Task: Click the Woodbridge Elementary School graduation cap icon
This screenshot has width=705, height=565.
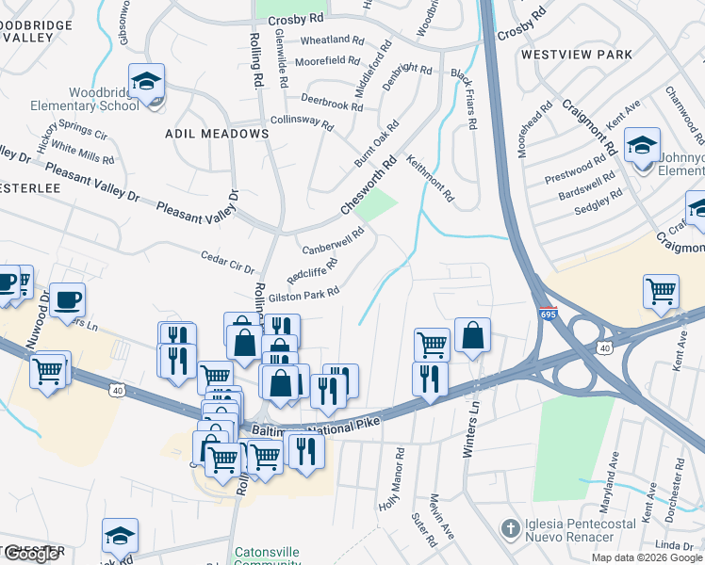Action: point(146,82)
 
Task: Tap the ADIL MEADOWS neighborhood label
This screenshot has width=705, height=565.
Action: point(217,134)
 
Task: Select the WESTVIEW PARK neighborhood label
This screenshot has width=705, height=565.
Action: point(577,55)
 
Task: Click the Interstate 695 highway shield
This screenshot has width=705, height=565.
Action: point(548,313)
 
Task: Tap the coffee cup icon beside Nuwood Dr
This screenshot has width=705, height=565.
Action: point(67,300)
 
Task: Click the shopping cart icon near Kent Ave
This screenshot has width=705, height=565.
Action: point(661,291)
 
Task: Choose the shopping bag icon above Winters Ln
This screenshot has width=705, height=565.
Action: point(472,336)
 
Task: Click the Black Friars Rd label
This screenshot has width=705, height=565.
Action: point(467,98)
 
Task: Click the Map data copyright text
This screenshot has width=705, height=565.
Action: point(647,557)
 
